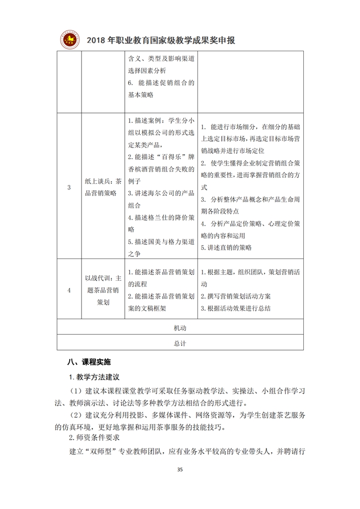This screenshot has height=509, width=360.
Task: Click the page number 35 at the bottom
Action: coord(180,469)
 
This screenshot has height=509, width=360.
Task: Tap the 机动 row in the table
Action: coord(180,328)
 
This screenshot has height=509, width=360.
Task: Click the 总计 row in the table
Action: coord(180,343)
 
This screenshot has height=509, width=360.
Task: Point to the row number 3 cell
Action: coord(69,187)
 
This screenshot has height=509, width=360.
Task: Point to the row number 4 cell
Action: coord(69,290)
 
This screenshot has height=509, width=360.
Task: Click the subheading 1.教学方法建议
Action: coord(94,377)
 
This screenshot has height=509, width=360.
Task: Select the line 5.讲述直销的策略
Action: coord(226,247)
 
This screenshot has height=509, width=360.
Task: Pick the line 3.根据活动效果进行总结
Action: coord(235,308)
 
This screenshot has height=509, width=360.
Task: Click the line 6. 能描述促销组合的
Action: coord(161,83)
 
